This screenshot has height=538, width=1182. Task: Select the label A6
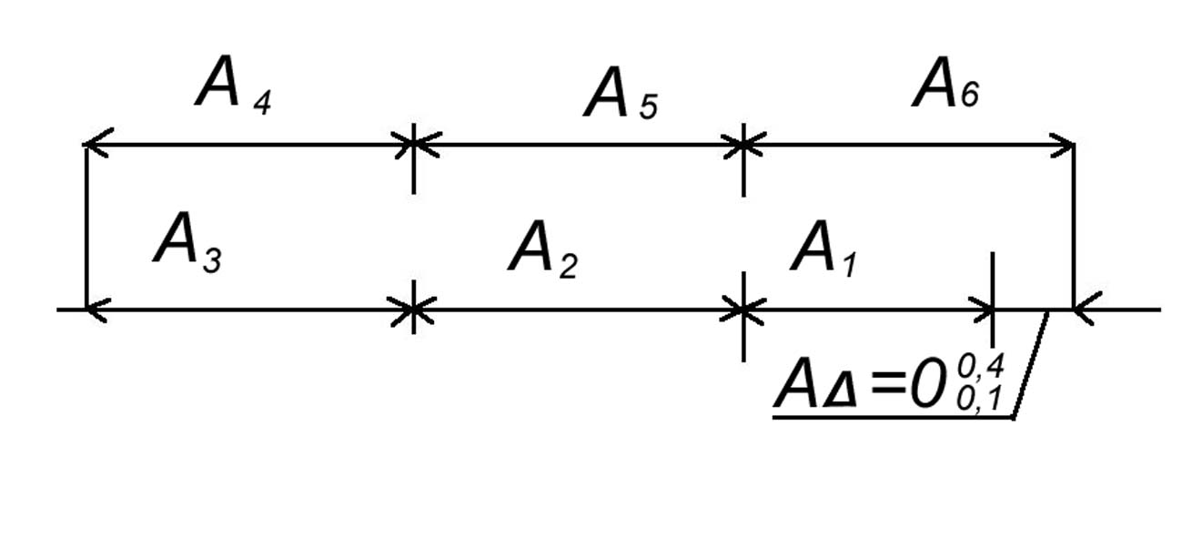point(946,89)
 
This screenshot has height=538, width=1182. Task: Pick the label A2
point(542,251)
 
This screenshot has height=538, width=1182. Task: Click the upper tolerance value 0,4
point(981,366)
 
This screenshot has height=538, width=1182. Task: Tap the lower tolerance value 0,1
point(980,398)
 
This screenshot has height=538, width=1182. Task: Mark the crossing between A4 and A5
point(414,144)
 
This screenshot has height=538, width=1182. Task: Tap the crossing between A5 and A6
point(744,144)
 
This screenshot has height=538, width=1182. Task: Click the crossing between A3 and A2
point(414,310)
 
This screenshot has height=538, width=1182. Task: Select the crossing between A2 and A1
point(744,310)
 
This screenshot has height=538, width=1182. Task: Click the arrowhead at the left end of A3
point(96,310)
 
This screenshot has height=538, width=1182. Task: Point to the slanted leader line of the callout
point(1031,364)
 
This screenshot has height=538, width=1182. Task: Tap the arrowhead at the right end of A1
point(983,310)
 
